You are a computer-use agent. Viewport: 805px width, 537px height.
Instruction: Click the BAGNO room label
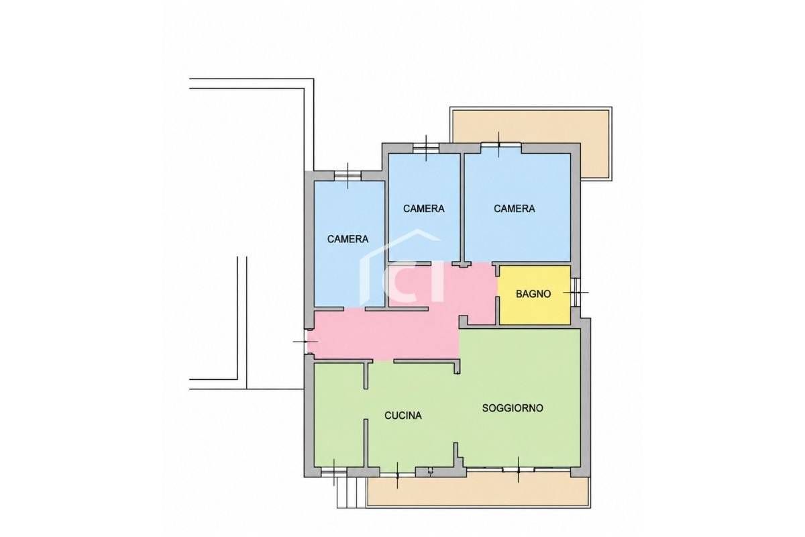point(533,294)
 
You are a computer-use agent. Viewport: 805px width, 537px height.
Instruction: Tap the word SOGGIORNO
point(513,408)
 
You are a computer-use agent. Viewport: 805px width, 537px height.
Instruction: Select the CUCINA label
point(403,416)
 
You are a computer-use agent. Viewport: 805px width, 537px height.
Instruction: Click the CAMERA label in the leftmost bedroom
point(347,239)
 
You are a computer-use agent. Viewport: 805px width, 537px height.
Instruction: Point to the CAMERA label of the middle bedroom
point(424,208)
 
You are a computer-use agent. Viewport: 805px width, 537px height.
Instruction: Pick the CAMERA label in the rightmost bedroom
point(515,208)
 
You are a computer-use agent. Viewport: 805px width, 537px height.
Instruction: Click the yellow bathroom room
point(535,295)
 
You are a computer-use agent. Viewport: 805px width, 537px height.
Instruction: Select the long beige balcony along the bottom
point(478,491)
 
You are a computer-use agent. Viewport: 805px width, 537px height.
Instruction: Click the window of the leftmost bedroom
point(347,176)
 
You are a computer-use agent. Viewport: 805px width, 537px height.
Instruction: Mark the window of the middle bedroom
point(426,148)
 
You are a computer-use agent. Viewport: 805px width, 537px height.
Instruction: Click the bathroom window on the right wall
point(576,293)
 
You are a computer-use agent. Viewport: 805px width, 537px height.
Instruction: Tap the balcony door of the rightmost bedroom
point(501,145)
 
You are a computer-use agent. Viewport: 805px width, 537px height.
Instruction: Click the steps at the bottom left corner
point(352,493)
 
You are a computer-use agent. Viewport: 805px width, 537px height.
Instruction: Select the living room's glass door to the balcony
point(518,469)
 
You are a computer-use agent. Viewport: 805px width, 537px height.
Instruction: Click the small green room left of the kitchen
point(339,414)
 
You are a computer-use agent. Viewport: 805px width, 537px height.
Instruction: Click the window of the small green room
point(334,472)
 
